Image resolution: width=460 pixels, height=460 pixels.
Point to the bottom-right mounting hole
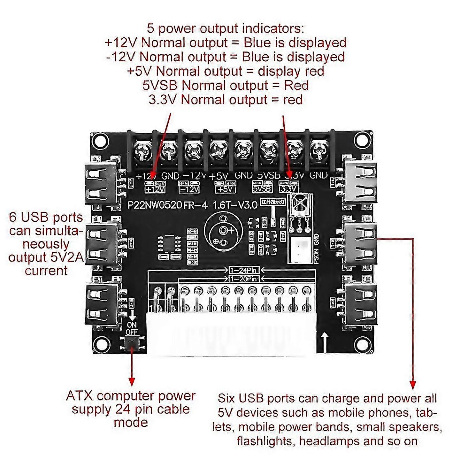click(363, 344)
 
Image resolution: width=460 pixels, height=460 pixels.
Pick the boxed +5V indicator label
click(226, 189)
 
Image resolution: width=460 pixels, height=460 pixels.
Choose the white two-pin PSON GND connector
click(300, 250)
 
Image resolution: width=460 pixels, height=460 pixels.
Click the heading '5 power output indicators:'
click(225, 28)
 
